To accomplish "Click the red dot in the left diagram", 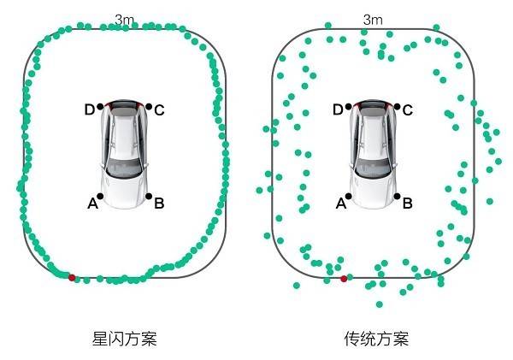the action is pyautogui.click(x=72, y=278).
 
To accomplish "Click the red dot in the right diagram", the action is pyautogui.click(x=344, y=279).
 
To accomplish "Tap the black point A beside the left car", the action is pyautogui.click(x=100, y=196).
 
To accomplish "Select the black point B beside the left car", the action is pyautogui.click(x=149, y=196).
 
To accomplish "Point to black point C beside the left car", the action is pyautogui.click(x=149, y=106).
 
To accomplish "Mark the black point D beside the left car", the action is pyautogui.click(x=100, y=106).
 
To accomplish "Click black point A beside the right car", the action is pyautogui.click(x=349, y=196).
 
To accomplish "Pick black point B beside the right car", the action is pyautogui.click(x=398, y=196).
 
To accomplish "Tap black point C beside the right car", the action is pyautogui.click(x=398, y=106).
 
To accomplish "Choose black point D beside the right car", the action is pyautogui.click(x=349, y=106).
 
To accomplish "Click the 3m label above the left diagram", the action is pyautogui.click(x=125, y=20).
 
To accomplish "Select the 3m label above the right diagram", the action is pyautogui.click(x=373, y=20).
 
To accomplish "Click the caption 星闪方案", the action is pyautogui.click(x=124, y=339).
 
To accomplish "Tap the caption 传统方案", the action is pyautogui.click(x=376, y=339).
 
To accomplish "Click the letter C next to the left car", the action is pyautogui.click(x=159, y=110).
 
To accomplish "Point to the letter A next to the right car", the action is pyautogui.click(x=341, y=204).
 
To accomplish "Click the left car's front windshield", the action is pyautogui.click(x=124, y=168).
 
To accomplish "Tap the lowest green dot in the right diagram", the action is pyautogui.click(x=379, y=304).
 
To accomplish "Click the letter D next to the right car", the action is pyautogui.click(x=338, y=109).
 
